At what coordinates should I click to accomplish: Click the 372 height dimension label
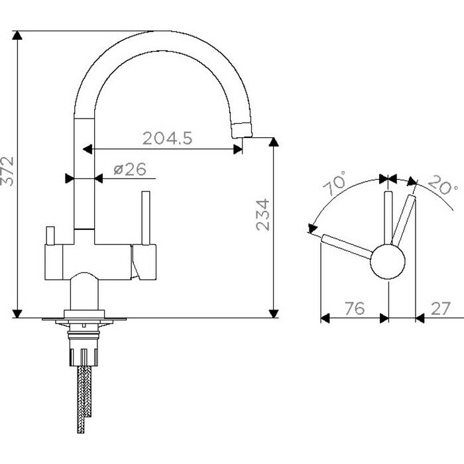7,171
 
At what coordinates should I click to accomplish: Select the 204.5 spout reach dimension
168,138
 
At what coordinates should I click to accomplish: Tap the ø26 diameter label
130,169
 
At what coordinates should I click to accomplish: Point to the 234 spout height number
262,215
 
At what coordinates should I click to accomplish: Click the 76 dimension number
355,308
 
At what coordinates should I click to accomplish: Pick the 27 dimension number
441,308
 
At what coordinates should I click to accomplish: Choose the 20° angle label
442,185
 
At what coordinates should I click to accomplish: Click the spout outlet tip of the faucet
242,131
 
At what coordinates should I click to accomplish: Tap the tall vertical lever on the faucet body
146,218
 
